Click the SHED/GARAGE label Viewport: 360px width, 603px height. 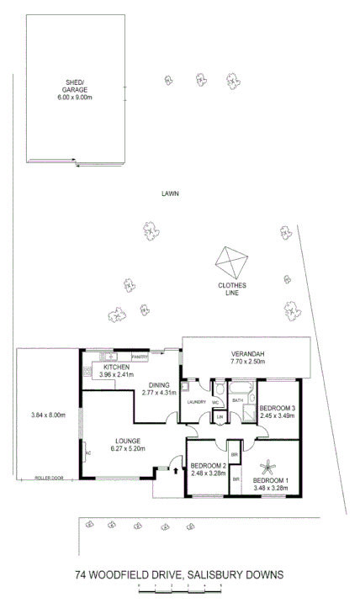point(74,86)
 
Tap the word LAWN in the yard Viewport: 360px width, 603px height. point(171,193)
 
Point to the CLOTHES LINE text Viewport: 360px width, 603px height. point(232,288)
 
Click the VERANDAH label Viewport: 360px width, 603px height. point(248,353)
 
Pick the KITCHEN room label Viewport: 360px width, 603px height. point(116,368)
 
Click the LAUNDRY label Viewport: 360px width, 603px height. point(197,401)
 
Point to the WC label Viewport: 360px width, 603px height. point(216,401)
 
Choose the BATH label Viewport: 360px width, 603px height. point(237,400)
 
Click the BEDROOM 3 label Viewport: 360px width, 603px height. point(277,407)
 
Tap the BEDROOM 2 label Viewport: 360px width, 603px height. point(209,466)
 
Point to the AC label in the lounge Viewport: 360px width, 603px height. point(87,452)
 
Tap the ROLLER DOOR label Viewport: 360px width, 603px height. point(49,478)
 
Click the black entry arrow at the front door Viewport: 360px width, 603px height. point(175,471)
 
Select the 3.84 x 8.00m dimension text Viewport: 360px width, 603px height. point(48,415)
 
